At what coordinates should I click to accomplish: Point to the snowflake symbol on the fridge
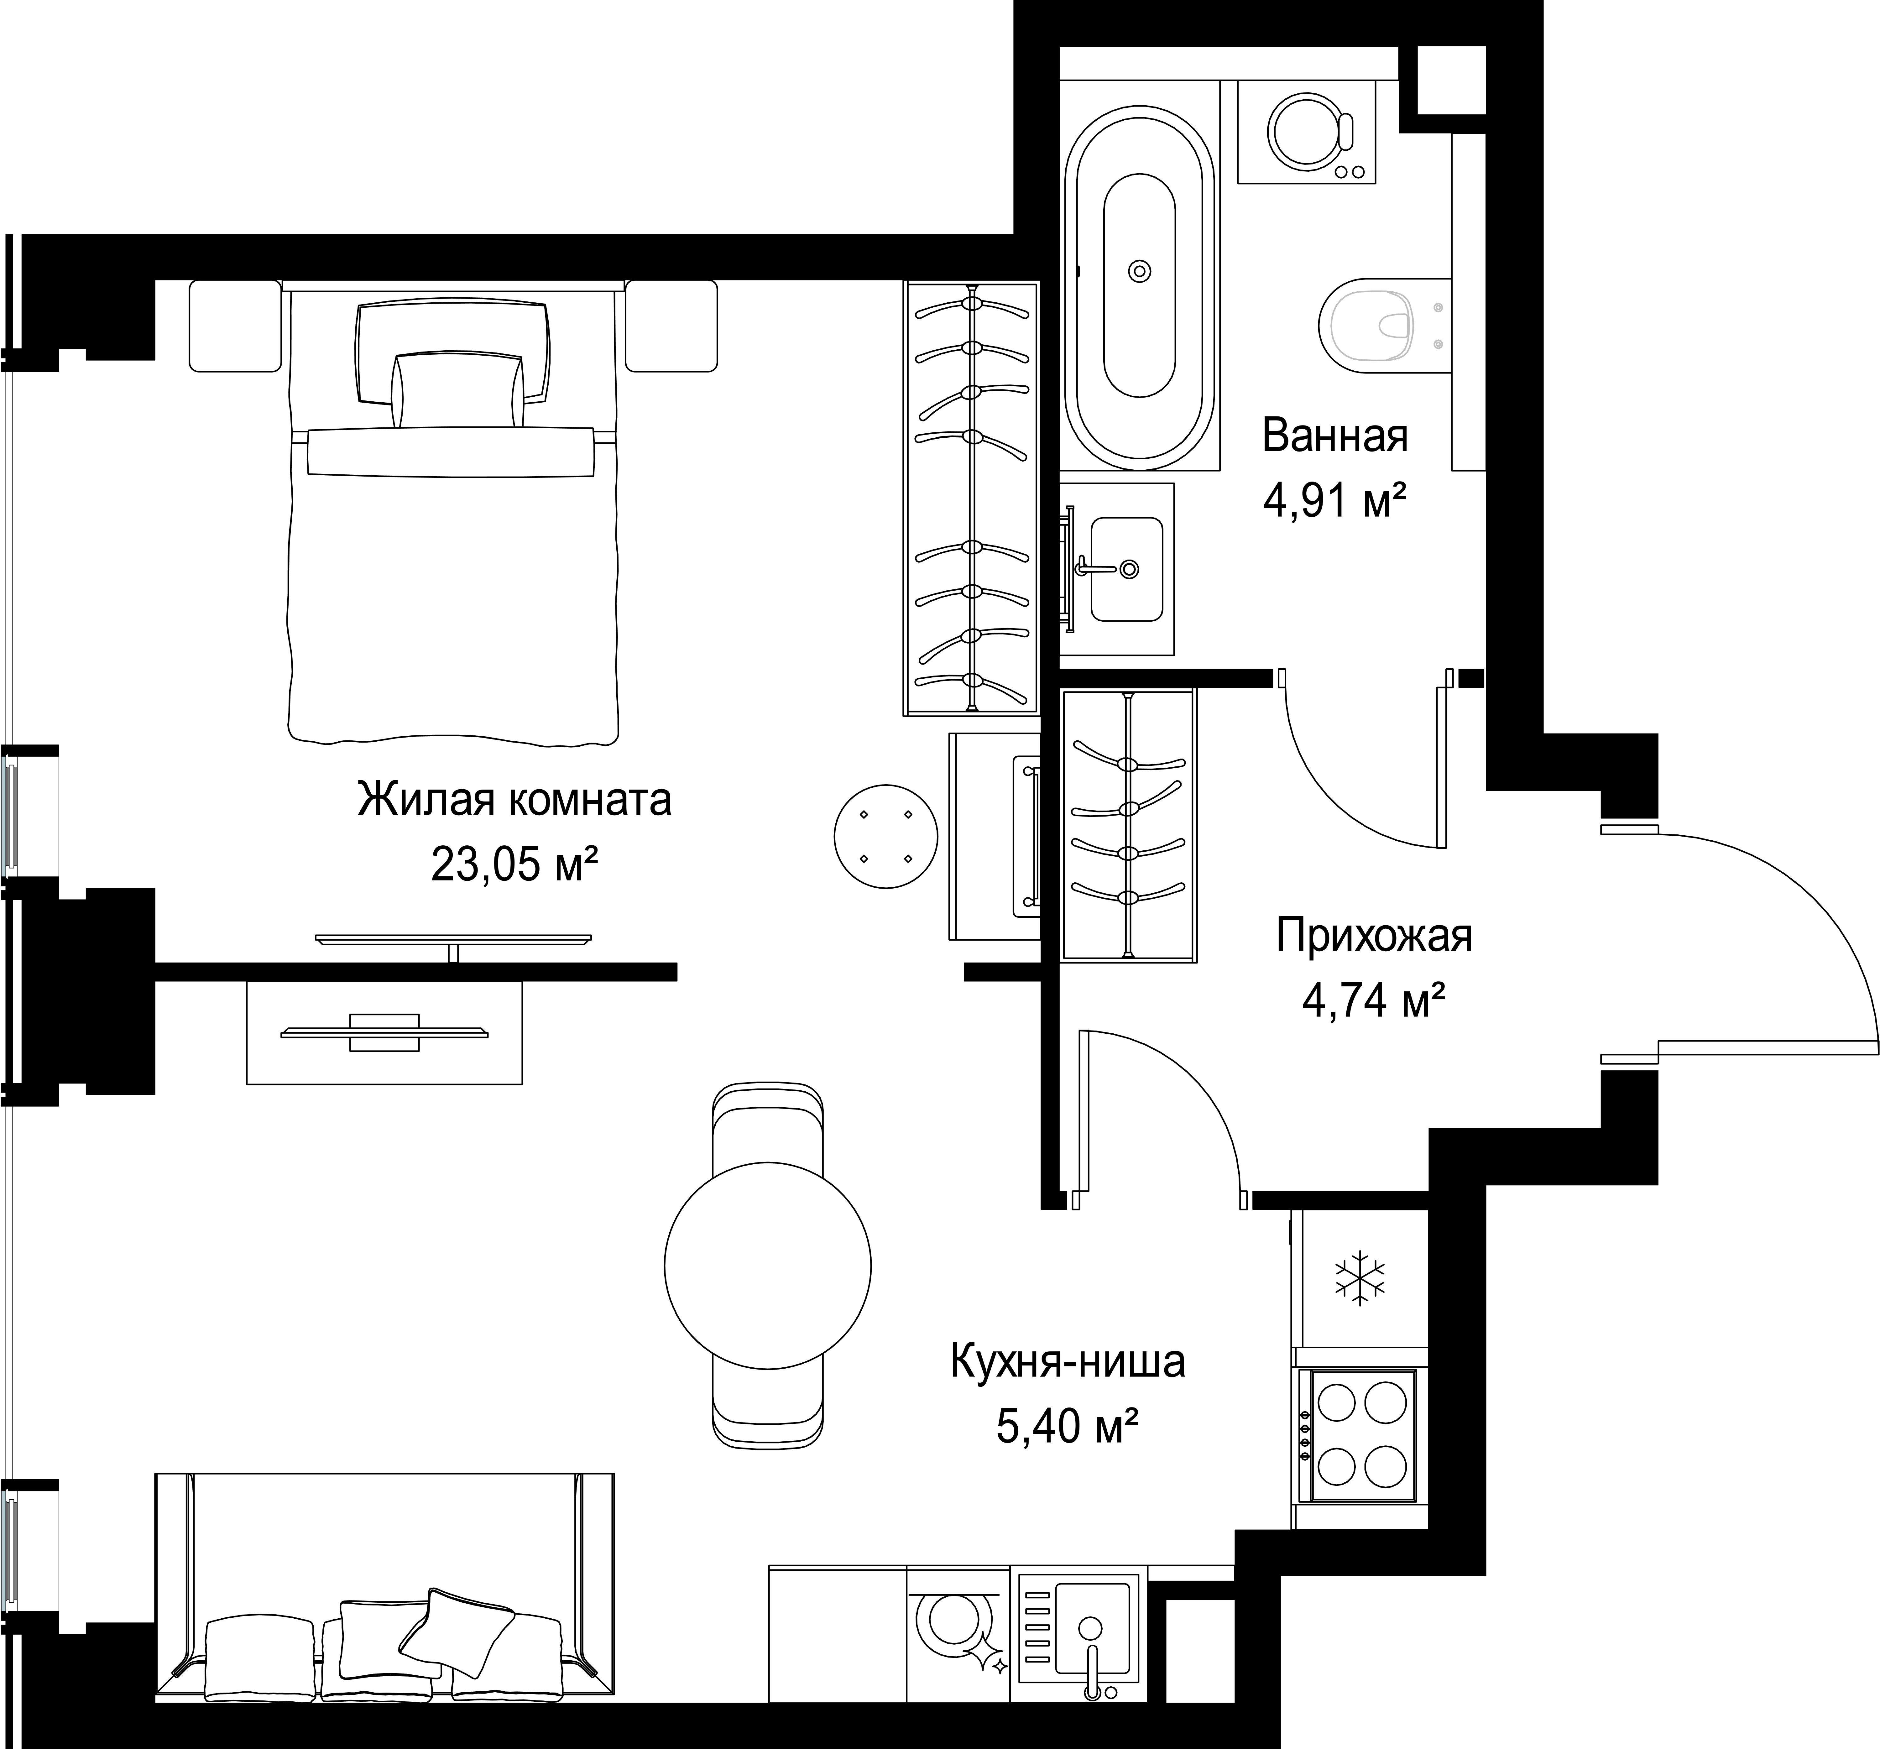(x=1359, y=1279)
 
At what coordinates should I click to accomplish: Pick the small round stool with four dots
(x=885, y=836)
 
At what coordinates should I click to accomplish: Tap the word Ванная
(x=1334, y=436)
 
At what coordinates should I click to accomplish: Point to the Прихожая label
(x=1374, y=936)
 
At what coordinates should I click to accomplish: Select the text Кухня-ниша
(x=1067, y=1362)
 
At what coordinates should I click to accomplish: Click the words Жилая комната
(x=514, y=800)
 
